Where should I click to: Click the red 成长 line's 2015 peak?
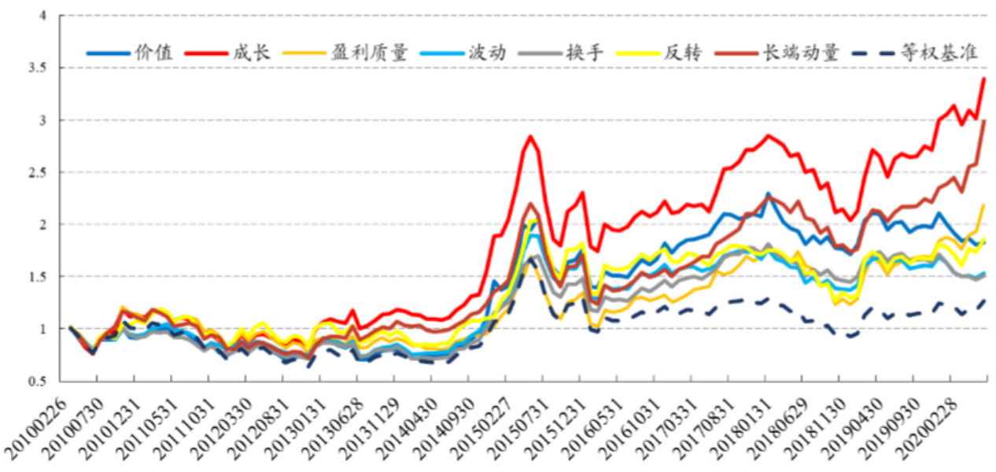531,136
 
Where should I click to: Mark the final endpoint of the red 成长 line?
984,78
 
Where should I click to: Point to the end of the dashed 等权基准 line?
984,301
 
